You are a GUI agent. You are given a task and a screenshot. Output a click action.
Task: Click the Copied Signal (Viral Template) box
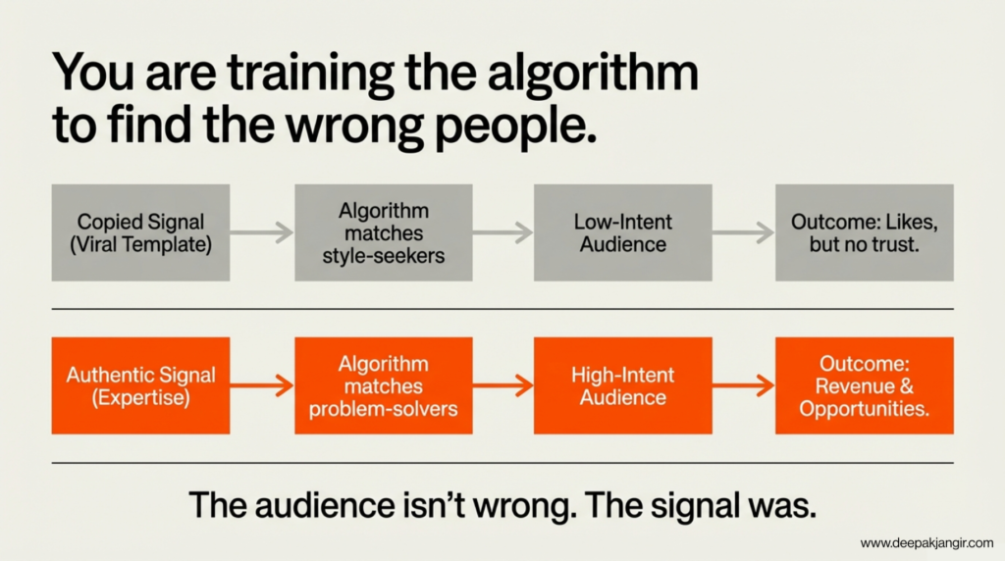(x=140, y=232)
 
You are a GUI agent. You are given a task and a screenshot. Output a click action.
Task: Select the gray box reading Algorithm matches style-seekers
(x=384, y=232)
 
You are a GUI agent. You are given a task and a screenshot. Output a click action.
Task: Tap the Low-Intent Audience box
(x=622, y=232)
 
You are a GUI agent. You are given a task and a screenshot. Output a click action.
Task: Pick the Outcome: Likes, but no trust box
(x=864, y=232)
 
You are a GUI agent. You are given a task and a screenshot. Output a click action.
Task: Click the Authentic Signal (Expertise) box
(x=140, y=385)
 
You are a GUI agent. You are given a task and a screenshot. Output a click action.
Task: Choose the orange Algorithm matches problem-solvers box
(x=384, y=385)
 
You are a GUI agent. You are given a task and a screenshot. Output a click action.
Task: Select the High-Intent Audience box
(x=622, y=385)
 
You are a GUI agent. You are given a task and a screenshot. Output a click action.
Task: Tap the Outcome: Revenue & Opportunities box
(x=864, y=385)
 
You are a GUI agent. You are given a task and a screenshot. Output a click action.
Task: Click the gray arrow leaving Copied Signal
(x=261, y=232)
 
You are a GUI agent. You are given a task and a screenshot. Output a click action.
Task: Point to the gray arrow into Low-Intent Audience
(x=503, y=232)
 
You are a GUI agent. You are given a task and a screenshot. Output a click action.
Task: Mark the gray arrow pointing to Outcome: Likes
(x=744, y=232)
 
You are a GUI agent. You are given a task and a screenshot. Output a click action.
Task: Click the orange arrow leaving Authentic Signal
(x=261, y=385)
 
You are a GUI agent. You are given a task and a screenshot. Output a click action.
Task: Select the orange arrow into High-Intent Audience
(x=503, y=385)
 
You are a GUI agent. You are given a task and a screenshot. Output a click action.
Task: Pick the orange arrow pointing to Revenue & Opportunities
(x=744, y=385)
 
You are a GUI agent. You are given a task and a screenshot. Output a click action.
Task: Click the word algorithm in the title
(x=592, y=75)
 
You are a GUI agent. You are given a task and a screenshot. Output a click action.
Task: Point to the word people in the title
(x=514, y=127)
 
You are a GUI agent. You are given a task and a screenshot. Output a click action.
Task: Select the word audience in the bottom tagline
(x=325, y=505)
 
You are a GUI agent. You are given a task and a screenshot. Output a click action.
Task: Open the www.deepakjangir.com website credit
(x=926, y=543)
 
